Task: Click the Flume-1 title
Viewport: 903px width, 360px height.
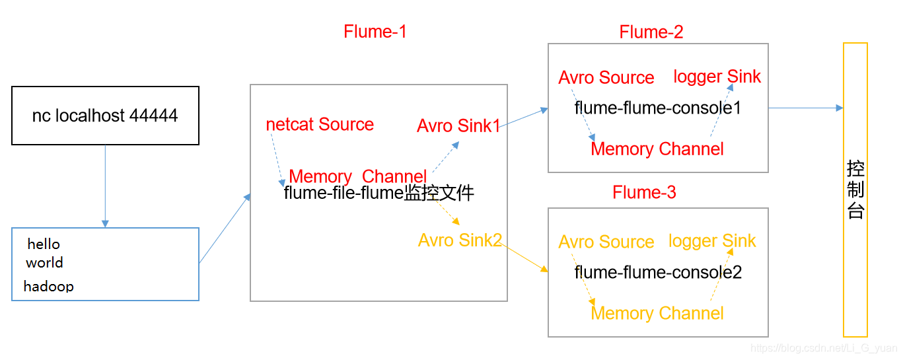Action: click(375, 32)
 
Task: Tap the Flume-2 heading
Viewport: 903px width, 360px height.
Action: click(651, 32)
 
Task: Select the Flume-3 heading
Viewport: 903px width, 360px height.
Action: click(644, 192)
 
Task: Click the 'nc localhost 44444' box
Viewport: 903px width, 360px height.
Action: click(105, 116)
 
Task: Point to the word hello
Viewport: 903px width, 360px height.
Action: click(44, 244)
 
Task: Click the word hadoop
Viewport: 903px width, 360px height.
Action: click(48, 287)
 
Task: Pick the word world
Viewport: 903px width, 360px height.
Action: click(44, 263)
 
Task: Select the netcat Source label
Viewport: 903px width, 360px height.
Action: click(320, 125)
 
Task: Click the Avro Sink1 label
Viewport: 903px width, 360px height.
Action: click(458, 126)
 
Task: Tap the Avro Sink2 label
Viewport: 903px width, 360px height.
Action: click(460, 240)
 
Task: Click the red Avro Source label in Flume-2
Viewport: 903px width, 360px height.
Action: click(606, 78)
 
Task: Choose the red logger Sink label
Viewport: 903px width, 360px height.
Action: click(717, 77)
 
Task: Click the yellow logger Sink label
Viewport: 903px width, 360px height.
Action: click(712, 241)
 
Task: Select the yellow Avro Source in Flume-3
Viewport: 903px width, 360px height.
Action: click(606, 242)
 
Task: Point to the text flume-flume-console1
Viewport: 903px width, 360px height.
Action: click(657, 108)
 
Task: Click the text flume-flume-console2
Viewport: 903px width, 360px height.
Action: click(657, 272)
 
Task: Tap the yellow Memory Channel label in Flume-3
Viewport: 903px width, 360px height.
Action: click(657, 313)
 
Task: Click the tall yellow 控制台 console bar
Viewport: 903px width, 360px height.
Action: click(855, 190)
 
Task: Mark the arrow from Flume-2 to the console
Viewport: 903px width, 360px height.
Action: click(806, 108)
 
